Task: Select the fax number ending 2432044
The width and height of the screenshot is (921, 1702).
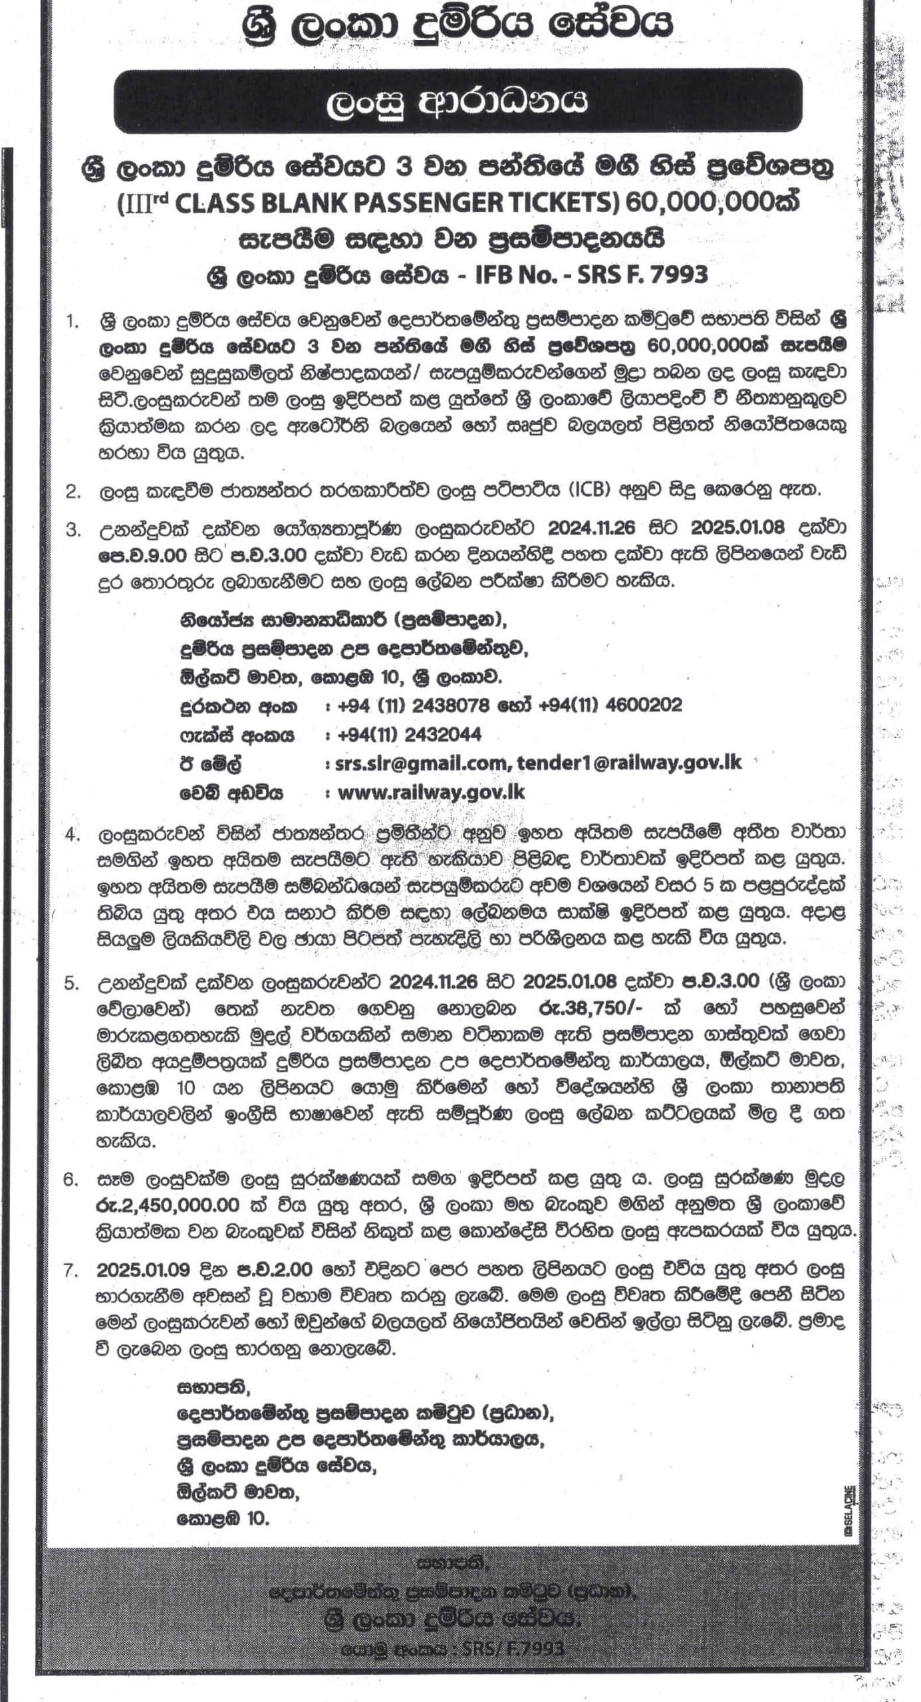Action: (x=409, y=735)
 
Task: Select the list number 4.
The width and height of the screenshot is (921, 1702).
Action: (x=72, y=834)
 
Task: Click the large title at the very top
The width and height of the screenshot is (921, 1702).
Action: (x=459, y=25)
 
